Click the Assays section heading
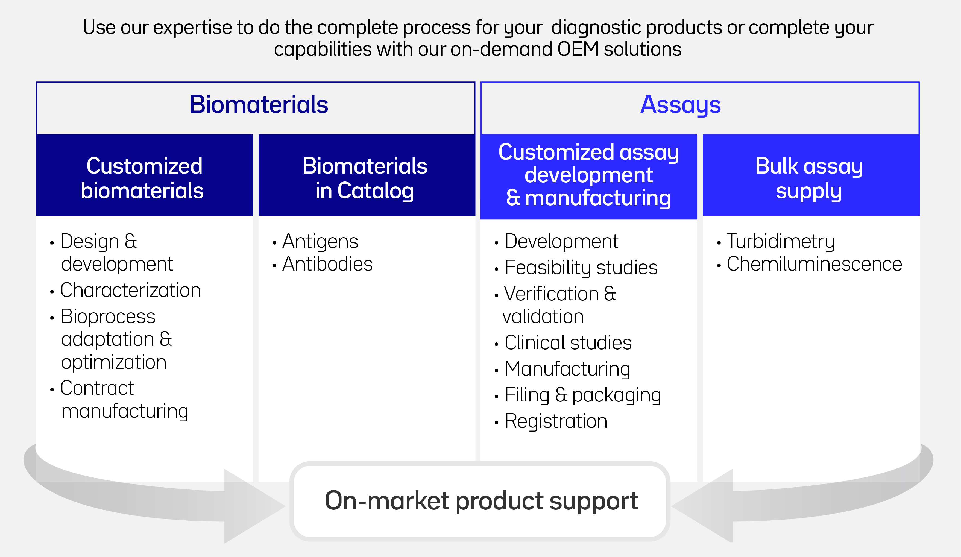pyautogui.click(x=680, y=105)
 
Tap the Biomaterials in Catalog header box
pyautogui.click(x=367, y=175)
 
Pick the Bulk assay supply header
pyautogui.click(x=811, y=175)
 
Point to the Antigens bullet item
pyautogui.click(x=320, y=242)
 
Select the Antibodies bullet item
pyautogui.click(x=327, y=264)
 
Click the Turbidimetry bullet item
pyautogui.click(x=781, y=242)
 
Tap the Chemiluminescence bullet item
pyautogui.click(x=814, y=264)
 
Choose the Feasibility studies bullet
pyautogui.click(x=581, y=267)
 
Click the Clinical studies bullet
pyautogui.click(x=568, y=342)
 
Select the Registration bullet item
pyautogui.click(x=556, y=421)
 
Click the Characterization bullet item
pyautogui.click(x=130, y=290)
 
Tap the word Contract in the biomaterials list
pyautogui.click(x=97, y=388)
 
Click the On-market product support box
pyautogui.click(x=480, y=501)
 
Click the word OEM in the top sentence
pyautogui.click(x=578, y=49)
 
